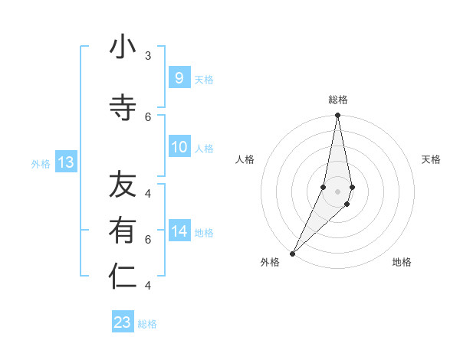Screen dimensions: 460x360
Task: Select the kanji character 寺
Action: coord(123,108)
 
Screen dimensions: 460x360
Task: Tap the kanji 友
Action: coord(123,185)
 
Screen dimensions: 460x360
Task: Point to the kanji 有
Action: coord(123,231)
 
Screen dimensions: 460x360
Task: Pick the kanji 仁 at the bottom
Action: coord(123,277)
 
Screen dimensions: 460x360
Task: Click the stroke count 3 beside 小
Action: coord(147,56)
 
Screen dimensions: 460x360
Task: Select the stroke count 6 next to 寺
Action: coord(147,116)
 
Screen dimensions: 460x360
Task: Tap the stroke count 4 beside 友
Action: coord(147,193)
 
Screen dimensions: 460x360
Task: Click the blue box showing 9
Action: coord(179,77)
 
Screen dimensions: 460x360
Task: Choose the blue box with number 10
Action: coord(179,147)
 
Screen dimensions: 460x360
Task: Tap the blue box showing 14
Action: coord(179,231)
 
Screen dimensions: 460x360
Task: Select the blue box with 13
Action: coord(66,162)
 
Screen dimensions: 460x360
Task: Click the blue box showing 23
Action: coord(123,322)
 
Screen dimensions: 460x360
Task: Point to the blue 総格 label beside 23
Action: coord(147,324)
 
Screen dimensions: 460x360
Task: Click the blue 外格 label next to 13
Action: coord(41,163)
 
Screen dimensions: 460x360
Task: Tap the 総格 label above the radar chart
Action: coord(338,100)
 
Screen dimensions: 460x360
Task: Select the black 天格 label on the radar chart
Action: coord(431,159)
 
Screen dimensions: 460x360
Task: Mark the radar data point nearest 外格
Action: coord(292,253)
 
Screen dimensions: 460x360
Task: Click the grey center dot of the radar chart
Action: coord(338,191)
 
